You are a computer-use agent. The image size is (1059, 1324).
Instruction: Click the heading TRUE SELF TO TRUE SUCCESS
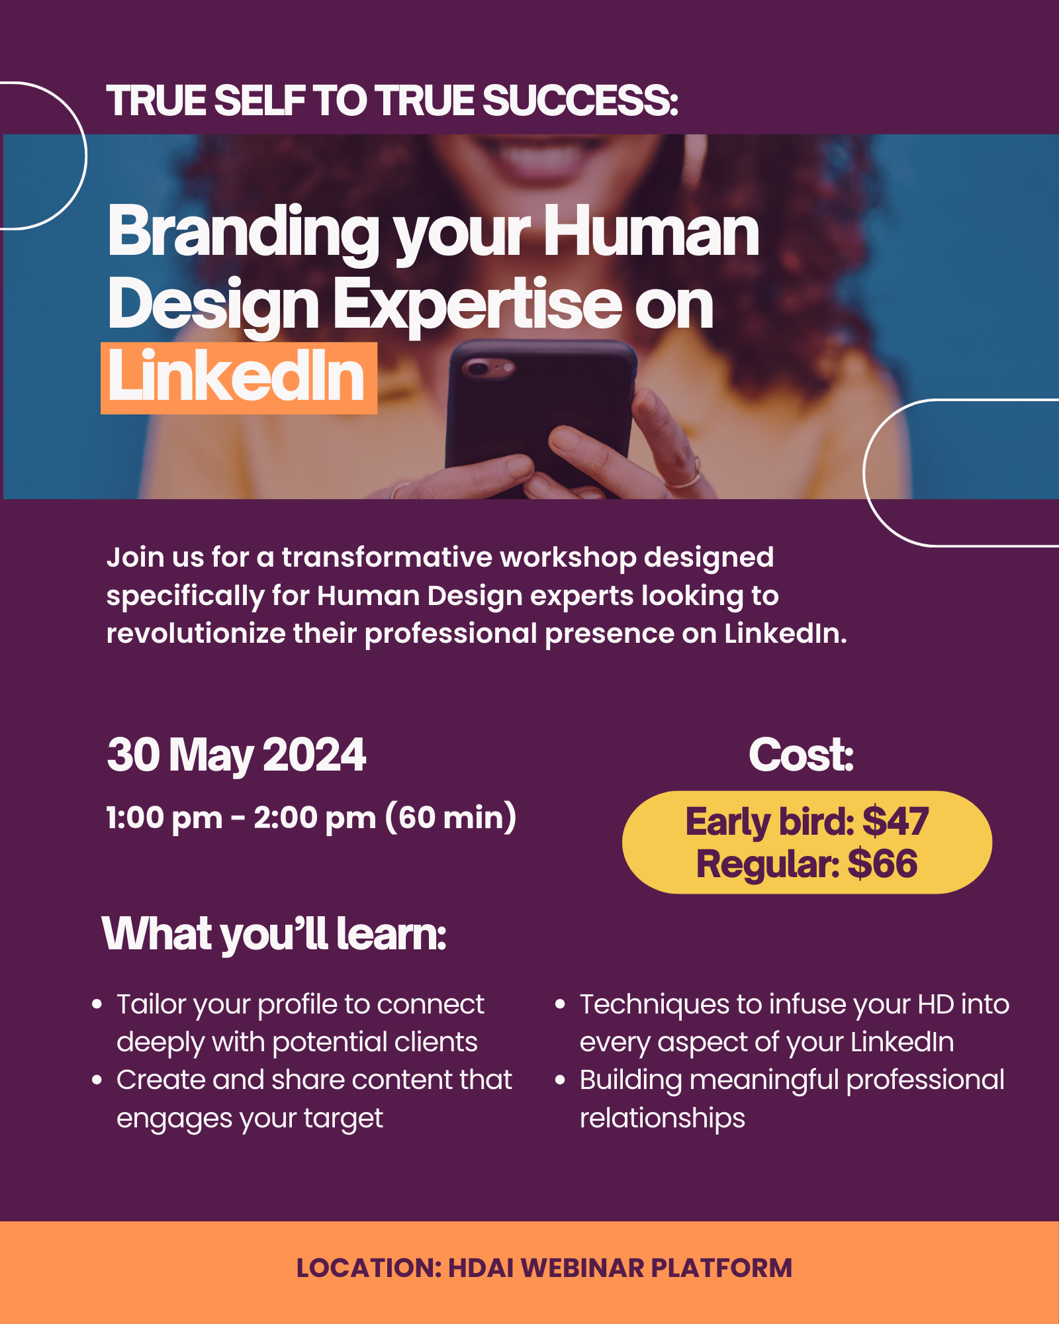[392, 101]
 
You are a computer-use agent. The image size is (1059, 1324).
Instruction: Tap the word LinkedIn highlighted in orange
[237, 377]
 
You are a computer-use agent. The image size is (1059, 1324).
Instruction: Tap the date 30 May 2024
[236, 755]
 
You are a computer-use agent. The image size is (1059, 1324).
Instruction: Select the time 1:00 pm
[164, 819]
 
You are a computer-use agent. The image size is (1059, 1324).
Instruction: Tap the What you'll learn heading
[274, 935]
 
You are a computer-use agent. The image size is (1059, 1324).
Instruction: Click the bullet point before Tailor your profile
[97, 1004]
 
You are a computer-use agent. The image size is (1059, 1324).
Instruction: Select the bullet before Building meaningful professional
[561, 1080]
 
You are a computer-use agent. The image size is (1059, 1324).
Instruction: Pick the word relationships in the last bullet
[663, 1118]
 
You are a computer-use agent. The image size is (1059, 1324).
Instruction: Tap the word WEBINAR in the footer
[582, 1268]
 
